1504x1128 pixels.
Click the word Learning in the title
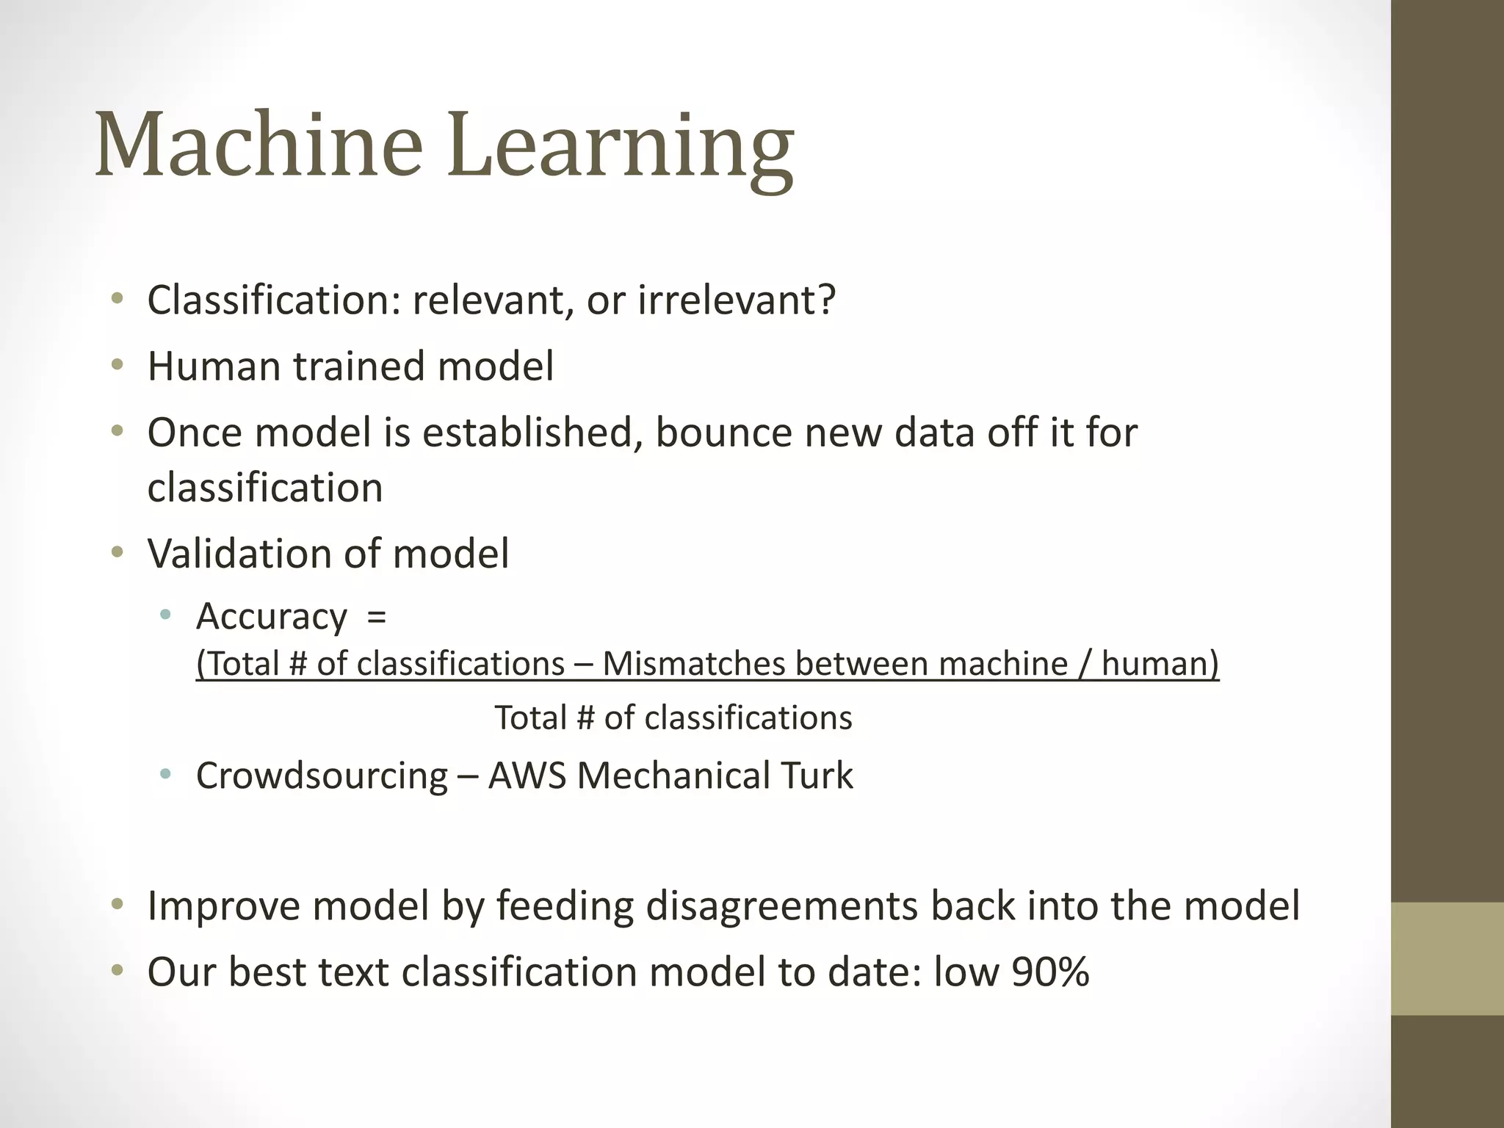coord(621,147)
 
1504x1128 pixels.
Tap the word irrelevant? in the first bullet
coord(737,300)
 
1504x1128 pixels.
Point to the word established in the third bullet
coord(527,432)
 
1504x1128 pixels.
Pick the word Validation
coord(239,553)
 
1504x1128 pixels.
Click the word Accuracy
coord(271,616)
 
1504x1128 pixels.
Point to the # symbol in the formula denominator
coord(585,717)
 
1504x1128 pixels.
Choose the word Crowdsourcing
coord(322,775)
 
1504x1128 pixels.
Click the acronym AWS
coord(527,775)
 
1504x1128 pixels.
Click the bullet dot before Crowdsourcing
coord(166,774)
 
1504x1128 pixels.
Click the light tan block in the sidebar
coord(1447,958)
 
